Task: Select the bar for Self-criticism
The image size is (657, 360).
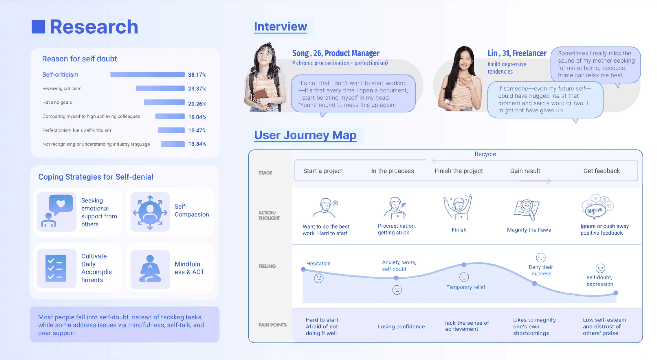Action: [147, 74]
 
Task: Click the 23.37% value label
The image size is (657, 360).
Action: [197, 89]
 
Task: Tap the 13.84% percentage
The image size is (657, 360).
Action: [197, 144]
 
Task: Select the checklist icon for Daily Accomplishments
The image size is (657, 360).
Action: [56, 268]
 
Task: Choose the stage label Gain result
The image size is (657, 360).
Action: [525, 171]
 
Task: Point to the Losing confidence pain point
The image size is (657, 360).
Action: [401, 327]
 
